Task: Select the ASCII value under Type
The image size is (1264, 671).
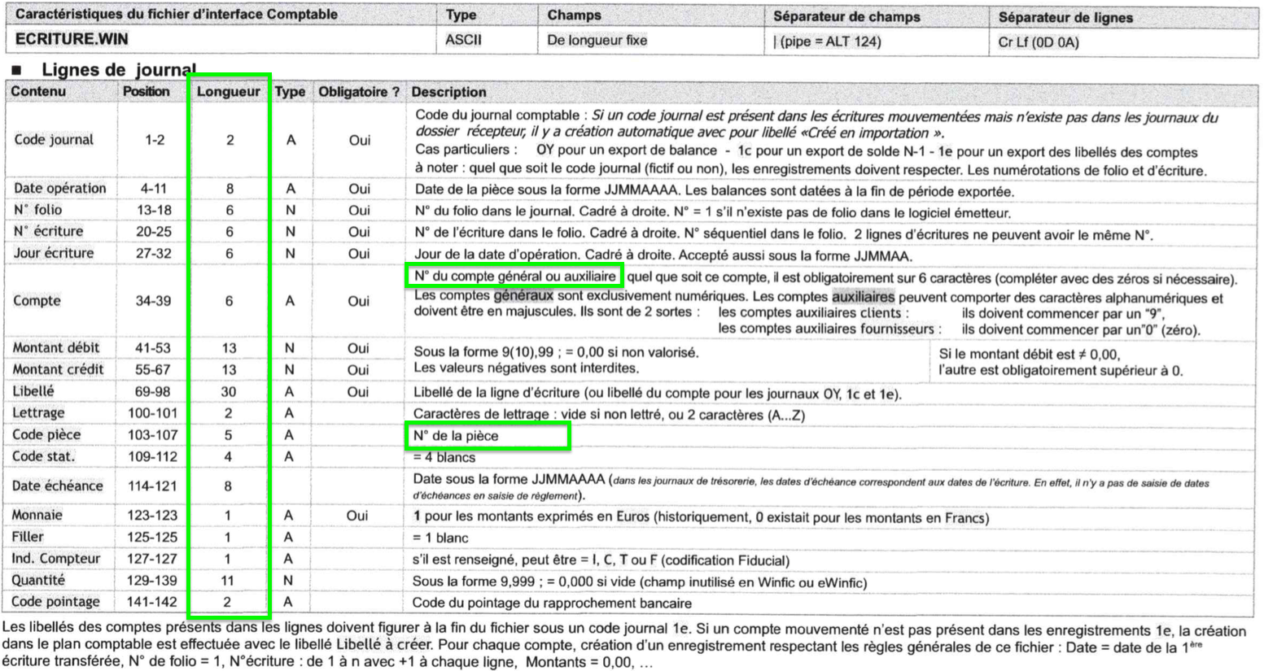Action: (463, 40)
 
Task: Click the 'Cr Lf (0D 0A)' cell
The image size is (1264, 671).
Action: (1039, 42)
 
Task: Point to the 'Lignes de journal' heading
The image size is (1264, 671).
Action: (119, 70)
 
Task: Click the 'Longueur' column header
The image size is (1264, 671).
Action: (229, 92)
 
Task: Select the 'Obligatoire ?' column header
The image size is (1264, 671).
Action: (359, 92)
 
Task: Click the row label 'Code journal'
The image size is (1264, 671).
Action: (54, 140)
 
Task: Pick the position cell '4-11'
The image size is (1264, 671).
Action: (153, 189)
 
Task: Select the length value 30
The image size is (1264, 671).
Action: (229, 392)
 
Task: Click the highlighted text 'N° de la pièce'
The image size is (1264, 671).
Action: (456, 436)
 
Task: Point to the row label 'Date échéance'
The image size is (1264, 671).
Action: (57, 486)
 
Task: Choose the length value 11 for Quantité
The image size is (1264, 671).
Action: (228, 581)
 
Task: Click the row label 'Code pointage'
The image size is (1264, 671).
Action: (55, 602)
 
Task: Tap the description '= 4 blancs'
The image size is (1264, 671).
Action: (444, 457)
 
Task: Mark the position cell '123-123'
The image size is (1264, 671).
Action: (152, 516)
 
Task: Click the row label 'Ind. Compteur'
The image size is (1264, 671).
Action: (55, 559)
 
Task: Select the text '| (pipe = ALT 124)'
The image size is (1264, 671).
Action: (826, 41)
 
